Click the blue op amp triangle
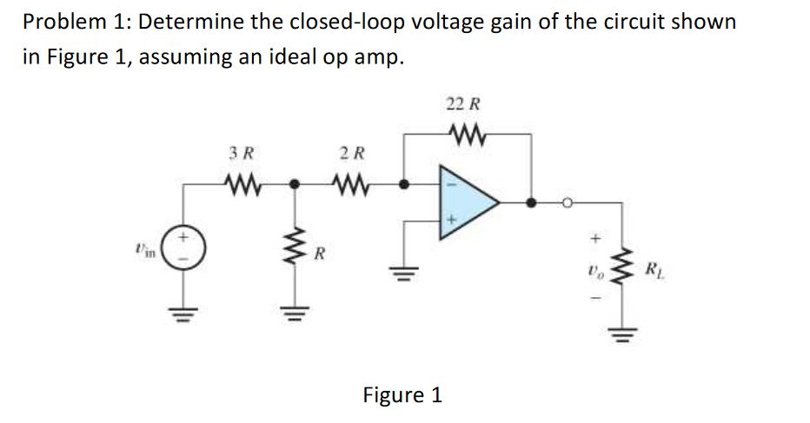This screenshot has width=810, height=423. (469, 205)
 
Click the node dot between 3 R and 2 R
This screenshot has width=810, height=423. (294, 185)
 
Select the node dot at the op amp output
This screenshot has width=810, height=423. (531, 204)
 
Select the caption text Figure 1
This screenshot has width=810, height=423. (402, 395)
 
